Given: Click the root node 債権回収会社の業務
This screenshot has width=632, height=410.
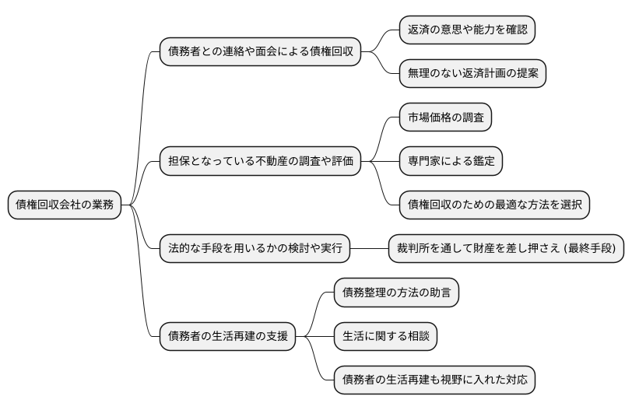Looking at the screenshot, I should pyautogui.click(x=65, y=205).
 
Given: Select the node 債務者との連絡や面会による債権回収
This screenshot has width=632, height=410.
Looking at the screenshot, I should pyautogui.click(x=261, y=52).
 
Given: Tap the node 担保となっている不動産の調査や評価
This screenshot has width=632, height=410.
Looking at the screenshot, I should pyautogui.click(x=261, y=162).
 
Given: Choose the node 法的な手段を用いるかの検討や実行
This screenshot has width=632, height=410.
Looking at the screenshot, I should pyautogui.click(x=254, y=250).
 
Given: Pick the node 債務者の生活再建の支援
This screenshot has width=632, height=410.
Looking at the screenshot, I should pyautogui.click(x=228, y=337).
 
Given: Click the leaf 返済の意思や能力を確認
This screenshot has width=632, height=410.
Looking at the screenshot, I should pyautogui.click(x=467, y=30).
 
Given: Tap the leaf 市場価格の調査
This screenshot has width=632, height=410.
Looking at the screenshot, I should pyautogui.click(x=445, y=117).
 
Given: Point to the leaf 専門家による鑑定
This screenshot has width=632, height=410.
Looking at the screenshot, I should pyautogui.click(x=451, y=162).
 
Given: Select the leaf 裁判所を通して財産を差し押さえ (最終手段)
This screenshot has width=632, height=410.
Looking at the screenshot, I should pyautogui.click(x=506, y=250).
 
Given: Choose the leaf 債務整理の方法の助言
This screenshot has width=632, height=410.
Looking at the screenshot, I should pyautogui.click(x=396, y=293).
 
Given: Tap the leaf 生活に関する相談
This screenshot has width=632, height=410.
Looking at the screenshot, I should pyautogui.click(x=385, y=337).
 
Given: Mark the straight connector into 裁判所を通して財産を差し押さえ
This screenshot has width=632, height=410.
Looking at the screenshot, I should pyautogui.click(x=369, y=250).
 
